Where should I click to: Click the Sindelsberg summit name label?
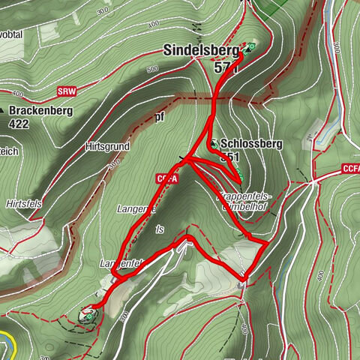click(199, 52)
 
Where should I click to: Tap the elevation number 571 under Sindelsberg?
click(225, 67)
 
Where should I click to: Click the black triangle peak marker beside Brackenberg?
click(4, 110)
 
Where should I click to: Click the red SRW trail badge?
click(67, 93)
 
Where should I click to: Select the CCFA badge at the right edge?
click(350, 169)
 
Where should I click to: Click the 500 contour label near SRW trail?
click(154, 70)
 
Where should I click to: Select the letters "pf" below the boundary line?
click(159, 117)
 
